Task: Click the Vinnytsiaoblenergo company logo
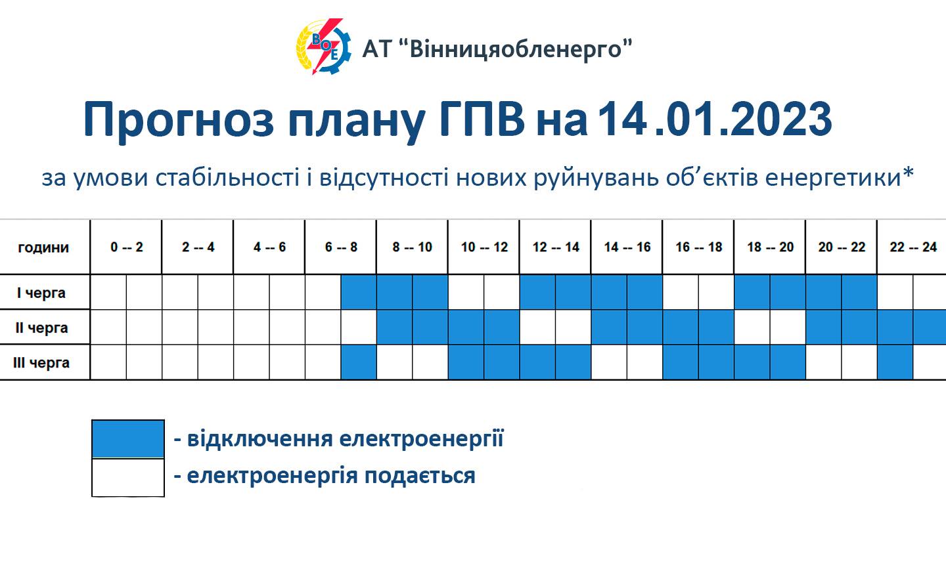(x=323, y=47)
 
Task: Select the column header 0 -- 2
(x=127, y=247)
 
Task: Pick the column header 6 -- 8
(x=341, y=247)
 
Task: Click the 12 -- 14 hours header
(x=556, y=247)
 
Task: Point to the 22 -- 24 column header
(x=913, y=247)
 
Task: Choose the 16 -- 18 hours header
(x=699, y=247)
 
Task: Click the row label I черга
(x=41, y=293)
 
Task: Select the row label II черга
(x=41, y=328)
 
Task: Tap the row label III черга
(x=41, y=363)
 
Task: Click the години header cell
(x=43, y=247)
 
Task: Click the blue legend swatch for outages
(x=128, y=439)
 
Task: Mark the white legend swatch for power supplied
(x=128, y=478)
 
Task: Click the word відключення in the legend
(x=259, y=438)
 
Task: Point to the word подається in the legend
(x=420, y=475)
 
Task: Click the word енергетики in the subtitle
(x=833, y=178)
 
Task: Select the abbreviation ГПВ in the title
(x=482, y=119)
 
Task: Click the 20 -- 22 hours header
(x=842, y=247)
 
